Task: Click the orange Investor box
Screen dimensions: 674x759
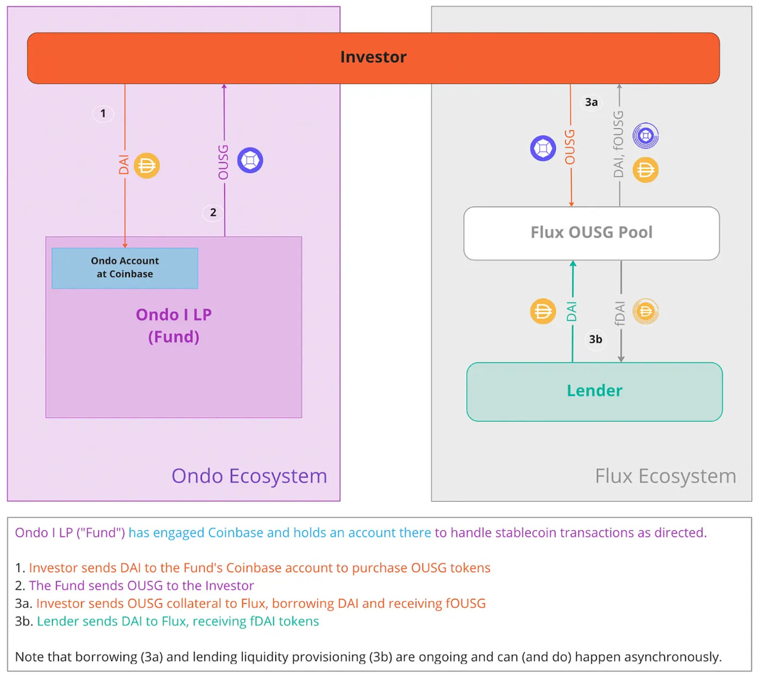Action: point(373,58)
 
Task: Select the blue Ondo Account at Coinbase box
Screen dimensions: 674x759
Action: point(125,268)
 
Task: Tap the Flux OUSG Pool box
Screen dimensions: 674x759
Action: point(591,233)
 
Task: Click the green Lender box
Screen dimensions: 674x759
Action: point(594,391)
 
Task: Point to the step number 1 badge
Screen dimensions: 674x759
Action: point(103,113)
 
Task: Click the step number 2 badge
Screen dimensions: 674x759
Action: point(213,213)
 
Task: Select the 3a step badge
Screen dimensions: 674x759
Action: point(591,102)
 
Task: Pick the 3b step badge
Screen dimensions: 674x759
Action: point(595,339)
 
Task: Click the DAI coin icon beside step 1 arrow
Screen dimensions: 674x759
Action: point(147,165)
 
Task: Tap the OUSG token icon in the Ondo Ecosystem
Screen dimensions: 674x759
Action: point(250,160)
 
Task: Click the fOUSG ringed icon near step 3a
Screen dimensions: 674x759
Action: point(646,135)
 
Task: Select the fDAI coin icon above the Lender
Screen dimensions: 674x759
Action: point(646,312)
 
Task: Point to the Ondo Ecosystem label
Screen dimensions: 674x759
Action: point(249,476)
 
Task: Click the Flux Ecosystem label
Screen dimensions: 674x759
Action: point(665,476)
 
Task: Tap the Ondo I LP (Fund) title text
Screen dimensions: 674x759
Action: point(174,325)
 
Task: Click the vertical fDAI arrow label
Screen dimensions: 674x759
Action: point(620,313)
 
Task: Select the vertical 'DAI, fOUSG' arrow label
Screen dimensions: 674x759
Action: point(619,144)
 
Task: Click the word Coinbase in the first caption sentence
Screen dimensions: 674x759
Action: point(235,532)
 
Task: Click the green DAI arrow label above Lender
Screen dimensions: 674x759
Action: point(572,312)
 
